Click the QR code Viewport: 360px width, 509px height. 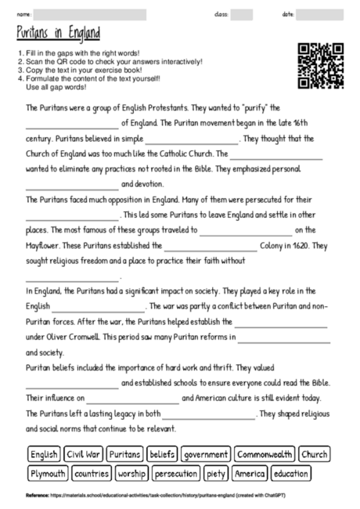(321, 65)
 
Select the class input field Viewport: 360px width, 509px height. (241, 14)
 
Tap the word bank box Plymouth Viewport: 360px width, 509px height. (48, 474)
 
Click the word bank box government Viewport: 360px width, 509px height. (205, 454)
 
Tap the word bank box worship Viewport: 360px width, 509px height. (131, 474)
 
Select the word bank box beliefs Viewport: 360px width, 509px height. (162, 454)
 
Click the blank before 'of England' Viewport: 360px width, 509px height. (72, 124)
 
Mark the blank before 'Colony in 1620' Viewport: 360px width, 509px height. (211, 245)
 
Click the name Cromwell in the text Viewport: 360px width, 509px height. (82, 337)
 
